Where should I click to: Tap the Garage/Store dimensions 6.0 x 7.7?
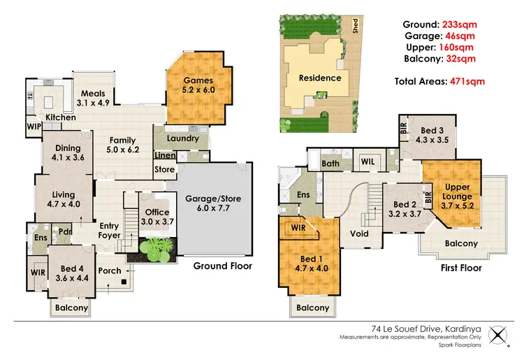point(212,210)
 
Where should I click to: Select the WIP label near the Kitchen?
point(34,127)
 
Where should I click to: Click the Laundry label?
point(183,138)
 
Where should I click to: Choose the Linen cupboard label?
point(165,155)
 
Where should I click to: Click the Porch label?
point(110,271)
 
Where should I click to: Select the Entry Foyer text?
point(110,230)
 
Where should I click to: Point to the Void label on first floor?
point(359,234)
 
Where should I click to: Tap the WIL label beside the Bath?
point(368,162)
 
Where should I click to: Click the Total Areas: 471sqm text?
point(439,82)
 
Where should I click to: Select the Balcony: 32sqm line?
point(440,59)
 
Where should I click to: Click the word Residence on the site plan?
point(320,78)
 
